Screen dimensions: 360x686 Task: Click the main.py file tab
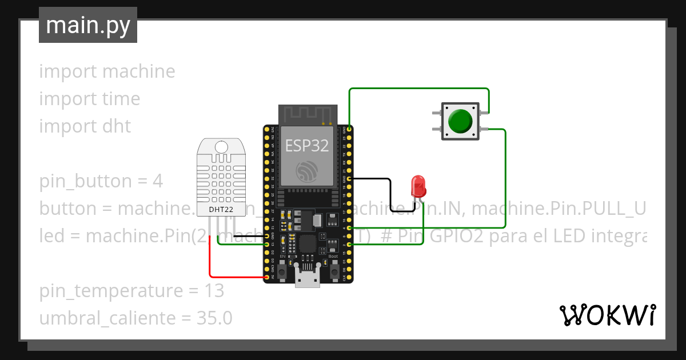pos(88,25)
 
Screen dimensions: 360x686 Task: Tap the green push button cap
pos(461,121)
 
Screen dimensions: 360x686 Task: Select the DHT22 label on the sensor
pos(221,209)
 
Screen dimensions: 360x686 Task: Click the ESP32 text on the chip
pos(307,145)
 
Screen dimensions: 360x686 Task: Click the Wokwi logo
pos(607,315)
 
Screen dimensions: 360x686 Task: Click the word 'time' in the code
pos(121,99)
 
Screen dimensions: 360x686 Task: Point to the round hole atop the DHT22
pos(221,147)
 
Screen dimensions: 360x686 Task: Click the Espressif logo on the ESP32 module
pos(307,171)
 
